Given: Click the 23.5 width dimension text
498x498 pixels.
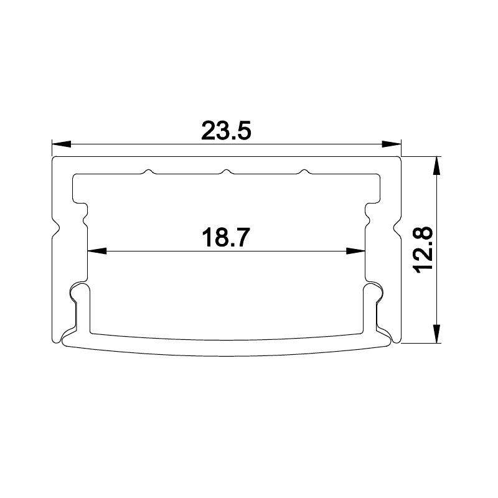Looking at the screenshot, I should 225,131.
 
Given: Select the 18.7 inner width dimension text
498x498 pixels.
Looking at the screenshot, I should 225,238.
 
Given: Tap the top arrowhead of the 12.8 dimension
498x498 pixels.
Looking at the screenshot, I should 438,165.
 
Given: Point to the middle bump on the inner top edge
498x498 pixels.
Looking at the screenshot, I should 227,171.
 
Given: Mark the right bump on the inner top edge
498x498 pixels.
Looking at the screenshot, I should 304,171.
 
